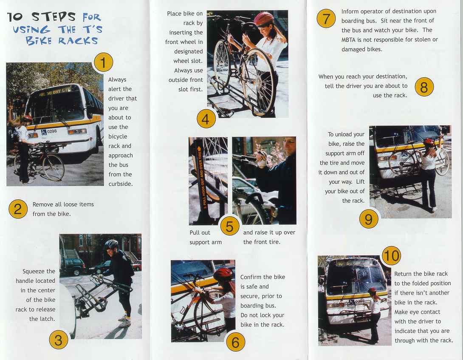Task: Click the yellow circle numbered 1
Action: pyautogui.click(x=103, y=62)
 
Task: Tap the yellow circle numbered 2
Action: pyautogui.click(x=18, y=209)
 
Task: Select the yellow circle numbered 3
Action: pyautogui.click(x=59, y=340)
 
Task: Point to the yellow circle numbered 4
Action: pyautogui.click(x=206, y=119)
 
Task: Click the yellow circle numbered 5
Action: pyautogui.click(x=229, y=226)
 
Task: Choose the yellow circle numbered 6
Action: pyautogui.click(x=235, y=341)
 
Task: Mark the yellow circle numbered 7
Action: pyautogui.click(x=326, y=19)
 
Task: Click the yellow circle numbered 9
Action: pyautogui.click(x=369, y=219)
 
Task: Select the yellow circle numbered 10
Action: pyautogui.click(x=391, y=255)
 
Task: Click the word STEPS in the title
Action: pyautogui.click(x=54, y=17)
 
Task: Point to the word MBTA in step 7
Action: pyautogui.click(x=350, y=40)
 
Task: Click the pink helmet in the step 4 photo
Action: pyautogui.click(x=263, y=18)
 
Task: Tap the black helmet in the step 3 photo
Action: pyautogui.click(x=111, y=244)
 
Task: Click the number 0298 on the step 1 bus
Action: pyautogui.click(x=51, y=131)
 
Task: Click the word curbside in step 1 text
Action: pyautogui.click(x=121, y=184)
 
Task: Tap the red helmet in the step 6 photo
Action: pyautogui.click(x=223, y=275)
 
